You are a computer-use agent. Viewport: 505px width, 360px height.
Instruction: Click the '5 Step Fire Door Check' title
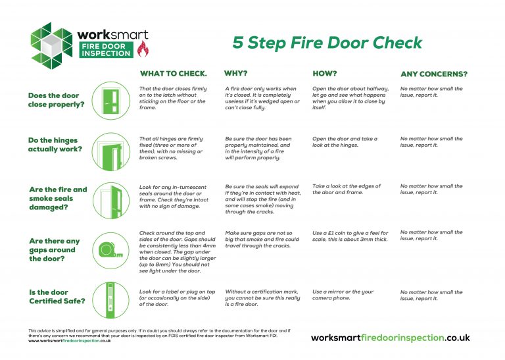pyautogui.click(x=327, y=43)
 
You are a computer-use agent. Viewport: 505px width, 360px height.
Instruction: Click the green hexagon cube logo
pyautogui.click(x=51, y=43)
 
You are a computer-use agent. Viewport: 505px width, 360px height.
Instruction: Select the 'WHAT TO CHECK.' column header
pyautogui.click(x=173, y=74)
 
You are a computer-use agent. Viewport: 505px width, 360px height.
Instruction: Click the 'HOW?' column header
pyautogui.click(x=324, y=74)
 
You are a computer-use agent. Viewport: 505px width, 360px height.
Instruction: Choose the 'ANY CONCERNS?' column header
pyautogui.click(x=434, y=74)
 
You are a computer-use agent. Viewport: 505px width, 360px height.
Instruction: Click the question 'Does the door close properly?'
pyautogui.click(x=57, y=100)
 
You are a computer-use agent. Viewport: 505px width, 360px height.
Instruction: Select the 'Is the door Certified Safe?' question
pyautogui.click(x=56, y=297)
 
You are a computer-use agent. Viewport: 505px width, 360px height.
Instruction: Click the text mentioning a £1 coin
pyautogui.click(x=350, y=236)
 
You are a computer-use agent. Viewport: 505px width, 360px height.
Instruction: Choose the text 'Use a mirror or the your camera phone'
pyautogui.click(x=343, y=295)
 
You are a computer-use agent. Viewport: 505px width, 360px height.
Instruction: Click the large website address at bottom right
pyautogui.click(x=390, y=338)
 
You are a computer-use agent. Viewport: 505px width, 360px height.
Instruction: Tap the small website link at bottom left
pyautogui.click(x=69, y=341)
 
